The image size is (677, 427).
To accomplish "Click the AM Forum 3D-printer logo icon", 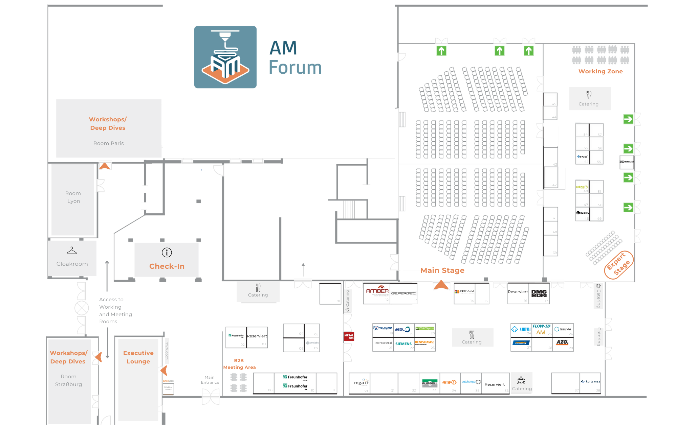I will [x=225, y=57].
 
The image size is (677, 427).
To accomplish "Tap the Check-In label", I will [x=167, y=266].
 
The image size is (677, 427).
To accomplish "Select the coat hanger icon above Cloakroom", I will [x=72, y=251].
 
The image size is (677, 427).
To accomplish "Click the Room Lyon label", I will [x=73, y=197].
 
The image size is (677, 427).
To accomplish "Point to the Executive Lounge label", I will [x=138, y=357].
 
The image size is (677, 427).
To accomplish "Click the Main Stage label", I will [x=442, y=270].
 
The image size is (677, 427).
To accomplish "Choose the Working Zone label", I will [x=600, y=71].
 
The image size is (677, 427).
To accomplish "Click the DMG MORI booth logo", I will [x=539, y=293].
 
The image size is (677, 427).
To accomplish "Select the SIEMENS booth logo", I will [x=403, y=344].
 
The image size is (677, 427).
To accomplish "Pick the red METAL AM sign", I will [x=349, y=336].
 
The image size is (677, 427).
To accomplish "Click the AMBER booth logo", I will [x=377, y=291].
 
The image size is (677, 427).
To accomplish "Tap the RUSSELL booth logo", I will [x=430, y=383].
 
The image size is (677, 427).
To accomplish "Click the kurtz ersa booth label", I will [x=590, y=382].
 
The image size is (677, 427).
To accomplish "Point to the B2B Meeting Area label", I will [x=239, y=364].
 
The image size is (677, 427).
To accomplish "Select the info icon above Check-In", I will [x=167, y=253].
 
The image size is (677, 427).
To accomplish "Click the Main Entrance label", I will [x=210, y=380].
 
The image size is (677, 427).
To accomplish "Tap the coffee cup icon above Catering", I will [x=521, y=380].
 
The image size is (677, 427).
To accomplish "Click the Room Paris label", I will [x=109, y=143].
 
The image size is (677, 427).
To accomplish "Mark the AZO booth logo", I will [x=562, y=342].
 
